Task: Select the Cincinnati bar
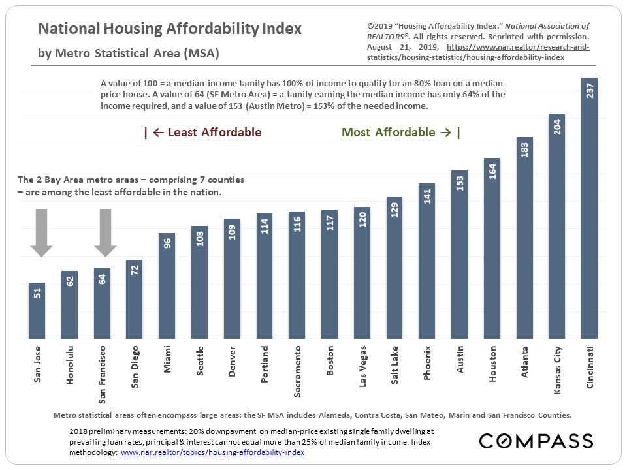tap(589, 209)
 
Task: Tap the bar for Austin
tap(459, 255)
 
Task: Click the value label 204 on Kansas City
tap(557, 127)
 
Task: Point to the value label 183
tap(524, 149)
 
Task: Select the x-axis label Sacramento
tap(298, 371)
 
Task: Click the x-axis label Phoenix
tap(427, 363)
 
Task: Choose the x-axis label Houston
tap(492, 364)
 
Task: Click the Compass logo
tap(536, 441)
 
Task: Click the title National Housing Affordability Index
tap(170, 29)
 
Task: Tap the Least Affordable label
tap(202, 133)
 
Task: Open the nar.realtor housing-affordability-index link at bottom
tap(212, 452)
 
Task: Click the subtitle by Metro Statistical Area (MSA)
tap(129, 53)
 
